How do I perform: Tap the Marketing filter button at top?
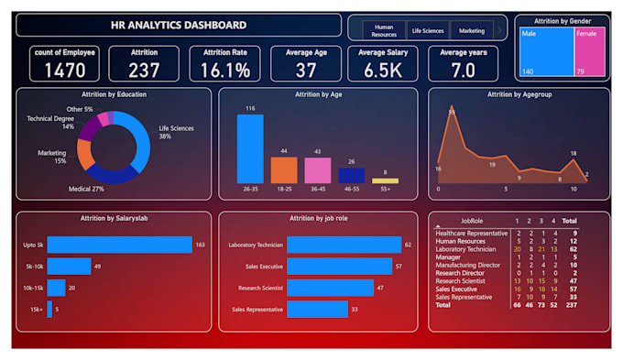pyautogui.click(x=472, y=30)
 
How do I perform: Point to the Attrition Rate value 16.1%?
pyautogui.click(x=225, y=70)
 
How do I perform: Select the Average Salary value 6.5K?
pyautogui.click(x=384, y=70)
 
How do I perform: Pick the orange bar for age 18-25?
pyautogui.click(x=284, y=169)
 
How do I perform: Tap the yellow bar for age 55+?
pyautogui.click(x=385, y=180)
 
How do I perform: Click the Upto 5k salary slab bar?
pyautogui.click(x=119, y=245)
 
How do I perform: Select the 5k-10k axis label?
pyautogui.click(x=34, y=267)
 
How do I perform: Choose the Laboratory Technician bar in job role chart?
pyautogui.click(x=344, y=245)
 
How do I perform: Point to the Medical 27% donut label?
pyautogui.click(x=86, y=189)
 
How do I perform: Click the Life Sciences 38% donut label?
pyautogui.click(x=176, y=132)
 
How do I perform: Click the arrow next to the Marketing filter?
pyautogui.click(x=499, y=30)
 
